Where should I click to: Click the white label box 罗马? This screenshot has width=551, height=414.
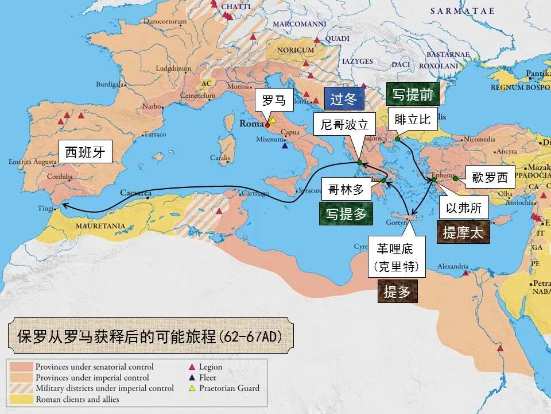click(273, 100)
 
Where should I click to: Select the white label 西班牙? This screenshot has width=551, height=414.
click(86, 152)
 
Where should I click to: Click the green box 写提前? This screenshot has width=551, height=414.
click(412, 94)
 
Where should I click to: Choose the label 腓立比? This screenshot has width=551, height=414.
click(413, 120)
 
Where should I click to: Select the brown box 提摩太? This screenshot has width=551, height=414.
click(463, 232)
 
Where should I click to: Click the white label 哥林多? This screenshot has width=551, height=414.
click(346, 190)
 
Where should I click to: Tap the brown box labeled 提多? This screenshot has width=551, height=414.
click(397, 292)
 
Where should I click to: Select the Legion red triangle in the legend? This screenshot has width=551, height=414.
click(192, 367)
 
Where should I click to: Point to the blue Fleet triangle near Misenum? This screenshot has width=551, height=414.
click(285, 145)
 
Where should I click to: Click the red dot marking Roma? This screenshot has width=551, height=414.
click(267, 124)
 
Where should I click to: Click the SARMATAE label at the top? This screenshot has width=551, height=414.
click(459, 10)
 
